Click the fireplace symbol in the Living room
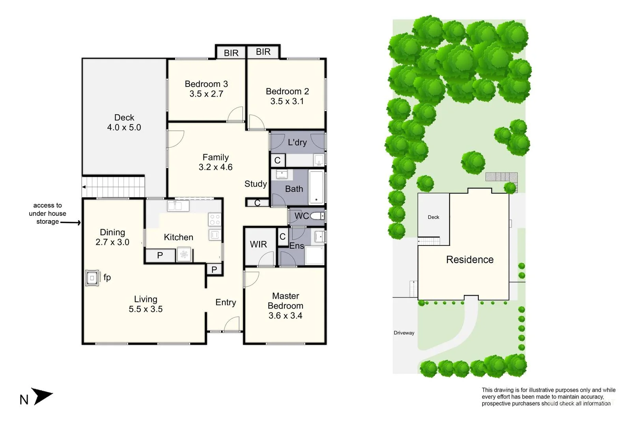point(92,278)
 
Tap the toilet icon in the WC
point(317,216)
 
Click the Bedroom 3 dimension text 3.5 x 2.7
point(206,94)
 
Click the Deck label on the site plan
point(433,217)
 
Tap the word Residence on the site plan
point(470,260)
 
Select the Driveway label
point(404,333)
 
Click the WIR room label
point(258,245)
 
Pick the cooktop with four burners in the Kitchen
point(215,220)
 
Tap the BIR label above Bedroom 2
point(263,52)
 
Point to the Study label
point(256,184)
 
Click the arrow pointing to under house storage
point(71,223)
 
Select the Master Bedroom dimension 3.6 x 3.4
point(285,316)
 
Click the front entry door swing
point(232,324)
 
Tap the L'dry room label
point(297,142)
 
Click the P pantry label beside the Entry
point(214,270)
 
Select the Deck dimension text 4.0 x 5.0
point(124,127)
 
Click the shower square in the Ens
point(315,255)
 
